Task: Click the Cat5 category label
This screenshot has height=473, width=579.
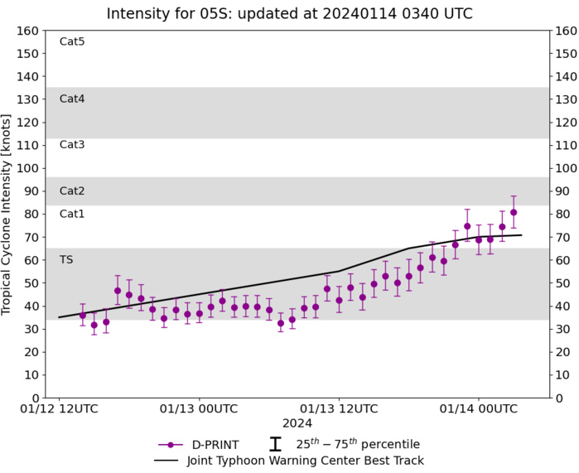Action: (x=72, y=41)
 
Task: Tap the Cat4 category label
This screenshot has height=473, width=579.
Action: (x=72, y=99)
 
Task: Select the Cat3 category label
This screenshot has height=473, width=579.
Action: (x=72, y=145)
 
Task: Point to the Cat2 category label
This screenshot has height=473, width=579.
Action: (x=72, y=191)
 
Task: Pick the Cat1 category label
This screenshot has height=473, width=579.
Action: (x=72, y=214)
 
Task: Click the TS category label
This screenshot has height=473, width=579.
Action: (x=66, y=259)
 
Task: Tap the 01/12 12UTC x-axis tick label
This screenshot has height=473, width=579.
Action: (x=59, y=408)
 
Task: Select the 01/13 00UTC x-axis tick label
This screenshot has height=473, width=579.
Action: (x=199, y=408)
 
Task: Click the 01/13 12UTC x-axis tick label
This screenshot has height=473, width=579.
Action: (x=339, y=408)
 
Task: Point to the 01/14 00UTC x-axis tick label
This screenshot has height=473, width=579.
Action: (x=478, y=408)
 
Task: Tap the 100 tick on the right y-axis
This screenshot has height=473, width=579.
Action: (x=566, y=168)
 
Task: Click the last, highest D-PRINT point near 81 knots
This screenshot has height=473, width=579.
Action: (x=514, y=212)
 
